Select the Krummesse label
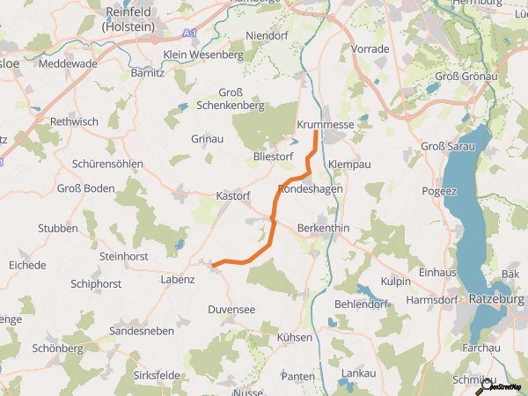click(x=326, y=125)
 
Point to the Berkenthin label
click(x=324, y=228)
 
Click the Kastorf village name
click(x=234, y=195)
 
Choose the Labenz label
click(x=178, y=279)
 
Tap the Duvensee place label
click(x=231, y=310)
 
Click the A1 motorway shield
click(x=191, y=33)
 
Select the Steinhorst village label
click(x=124, y=256)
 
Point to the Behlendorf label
click(x=362, y=304)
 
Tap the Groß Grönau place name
click(x=460, y=77)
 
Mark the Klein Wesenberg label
click(x=203, y=55)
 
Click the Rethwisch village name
click(x=75, y=121)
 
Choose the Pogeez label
click(x=440, y=191)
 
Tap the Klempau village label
click(x=349, y=165)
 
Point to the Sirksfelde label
click(x=156, y=375)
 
